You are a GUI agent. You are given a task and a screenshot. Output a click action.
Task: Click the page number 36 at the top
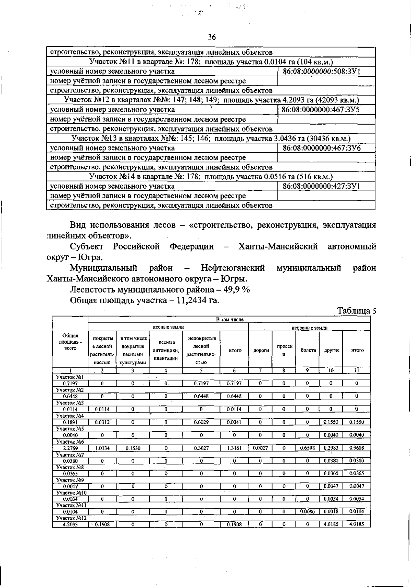coord(212,37)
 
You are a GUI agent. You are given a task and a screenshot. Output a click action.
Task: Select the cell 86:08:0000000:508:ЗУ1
coord(321,71)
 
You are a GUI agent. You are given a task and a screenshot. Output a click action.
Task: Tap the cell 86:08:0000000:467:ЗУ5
coord(320,110)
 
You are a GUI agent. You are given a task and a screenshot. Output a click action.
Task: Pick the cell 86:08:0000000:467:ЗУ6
coord(321,148)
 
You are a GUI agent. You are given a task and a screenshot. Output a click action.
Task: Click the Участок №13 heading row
coord(211,138)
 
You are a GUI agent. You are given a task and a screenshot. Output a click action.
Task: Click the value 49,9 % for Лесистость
coord(237,289)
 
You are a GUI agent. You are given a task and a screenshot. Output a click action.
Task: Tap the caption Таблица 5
coord(357,310)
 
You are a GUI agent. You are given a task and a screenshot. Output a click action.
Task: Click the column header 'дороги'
coord(261,350)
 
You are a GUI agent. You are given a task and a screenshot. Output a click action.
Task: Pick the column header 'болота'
coord(308,350)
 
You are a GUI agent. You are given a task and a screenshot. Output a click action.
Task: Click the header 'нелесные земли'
coord(309,328)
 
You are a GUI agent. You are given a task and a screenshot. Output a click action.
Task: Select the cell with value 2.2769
coord(70,448)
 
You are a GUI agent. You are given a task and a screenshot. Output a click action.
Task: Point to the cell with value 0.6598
coord(307,448)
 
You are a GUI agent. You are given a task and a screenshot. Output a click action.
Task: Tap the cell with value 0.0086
coord(307,512)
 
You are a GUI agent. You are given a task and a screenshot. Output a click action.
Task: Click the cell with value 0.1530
coord(133,448)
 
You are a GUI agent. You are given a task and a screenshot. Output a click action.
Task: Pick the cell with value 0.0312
coord(102,422)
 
